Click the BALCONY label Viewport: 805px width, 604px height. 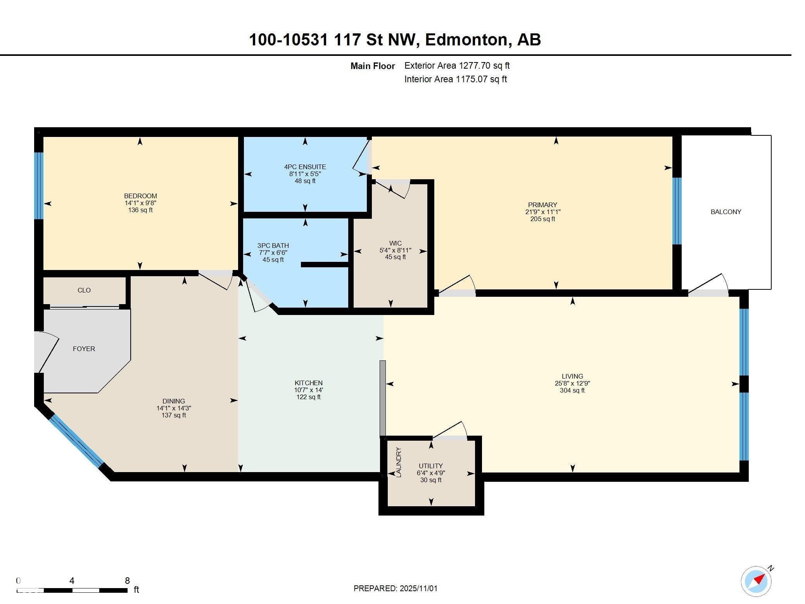726,212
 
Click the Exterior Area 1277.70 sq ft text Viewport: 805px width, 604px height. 457,66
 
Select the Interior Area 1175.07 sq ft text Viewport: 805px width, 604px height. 455,79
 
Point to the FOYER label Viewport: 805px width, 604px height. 84,349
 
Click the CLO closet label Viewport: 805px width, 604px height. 84,290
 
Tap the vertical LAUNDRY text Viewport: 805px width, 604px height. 398,462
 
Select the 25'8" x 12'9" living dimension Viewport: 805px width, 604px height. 572,383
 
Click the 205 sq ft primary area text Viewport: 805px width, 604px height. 542,219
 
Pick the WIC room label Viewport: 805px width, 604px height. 395,243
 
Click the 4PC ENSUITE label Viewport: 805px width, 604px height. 305,167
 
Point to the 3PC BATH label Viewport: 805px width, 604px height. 273,246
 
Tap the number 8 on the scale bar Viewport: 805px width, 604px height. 127,581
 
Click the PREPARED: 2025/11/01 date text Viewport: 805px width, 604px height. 395,588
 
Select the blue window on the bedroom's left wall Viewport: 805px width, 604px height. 38,186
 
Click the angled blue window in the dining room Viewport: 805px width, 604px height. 76,440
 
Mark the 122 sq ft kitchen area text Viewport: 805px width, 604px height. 308,397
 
